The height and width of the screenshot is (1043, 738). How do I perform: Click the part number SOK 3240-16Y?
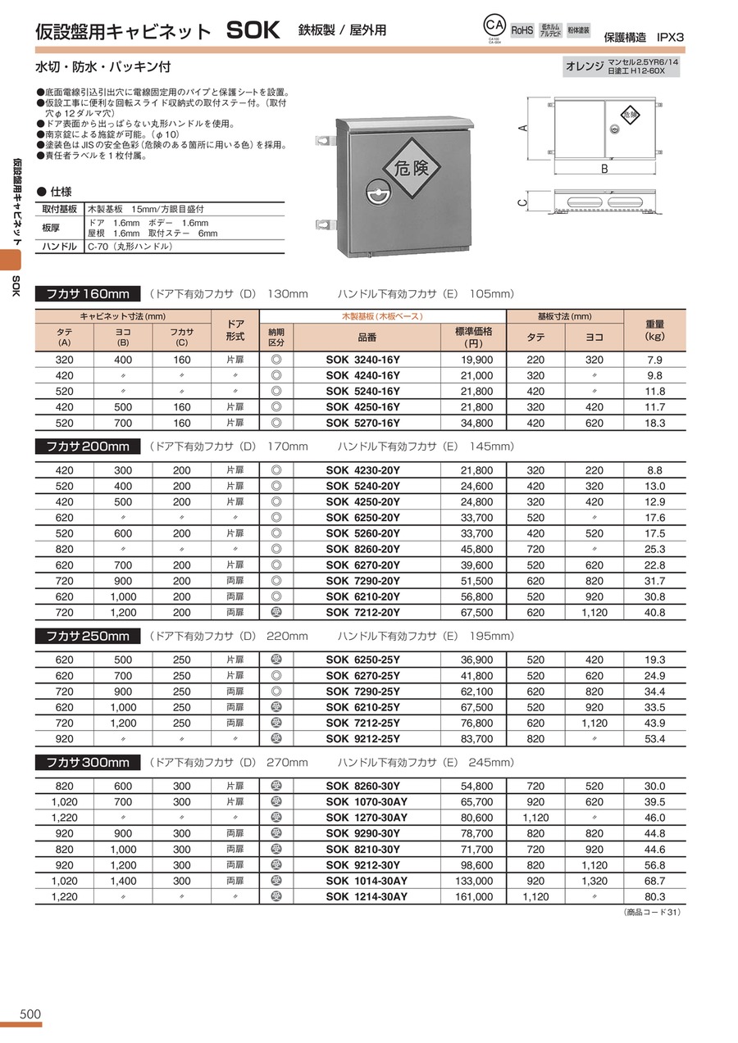click(x=362, y=361)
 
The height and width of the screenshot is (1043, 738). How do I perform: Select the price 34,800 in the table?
click(x=474, y=424)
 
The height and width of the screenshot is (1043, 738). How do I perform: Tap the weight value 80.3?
click(x=654, y=896)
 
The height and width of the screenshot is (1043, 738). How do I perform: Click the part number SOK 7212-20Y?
click(x=362, y=612)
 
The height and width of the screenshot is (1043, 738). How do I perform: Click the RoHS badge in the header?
click(x=522, y=30)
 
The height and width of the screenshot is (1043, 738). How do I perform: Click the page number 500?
click(x=30, y=1014)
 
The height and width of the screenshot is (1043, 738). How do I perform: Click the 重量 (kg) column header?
click(x=654, y=329)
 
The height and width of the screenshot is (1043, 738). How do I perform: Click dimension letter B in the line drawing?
click(x=604, y=170)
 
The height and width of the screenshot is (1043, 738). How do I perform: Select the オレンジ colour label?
click(x=584, y=66)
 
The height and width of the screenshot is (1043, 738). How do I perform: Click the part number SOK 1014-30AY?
click(x=367, y=881)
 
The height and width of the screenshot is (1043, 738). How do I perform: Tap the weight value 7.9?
click(x=654, y=361)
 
